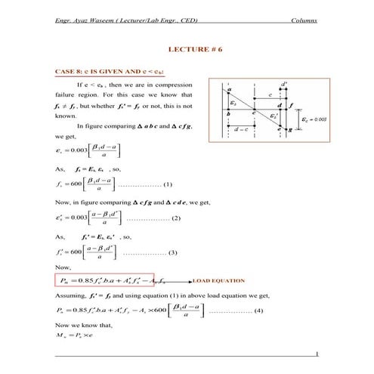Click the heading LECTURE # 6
pos(187,48)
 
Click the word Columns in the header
pos(303,15)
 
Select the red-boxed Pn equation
pos(105,280)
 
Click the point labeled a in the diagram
pos(229,90)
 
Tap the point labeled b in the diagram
pos(229,113)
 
